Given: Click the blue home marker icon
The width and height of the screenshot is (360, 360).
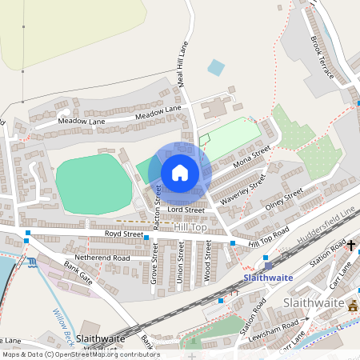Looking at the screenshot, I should (x=180, y=173).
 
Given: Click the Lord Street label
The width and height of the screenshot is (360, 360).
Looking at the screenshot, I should (x=186, y=210).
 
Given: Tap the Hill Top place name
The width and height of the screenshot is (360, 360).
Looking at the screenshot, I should (x=190, y=228).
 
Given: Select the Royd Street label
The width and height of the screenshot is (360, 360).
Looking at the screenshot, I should (x=123, y=234).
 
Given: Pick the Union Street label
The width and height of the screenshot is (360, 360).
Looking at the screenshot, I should (x=181, y=265).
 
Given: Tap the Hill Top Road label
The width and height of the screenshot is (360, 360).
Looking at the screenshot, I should (x=268, y=233).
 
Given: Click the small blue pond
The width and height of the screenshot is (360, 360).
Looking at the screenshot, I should (x=215, y=68).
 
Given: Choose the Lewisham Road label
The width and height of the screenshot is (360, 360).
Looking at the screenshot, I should (x=276, y=330).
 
